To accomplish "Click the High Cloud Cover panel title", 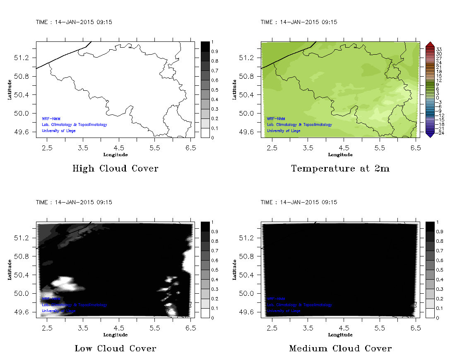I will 115,169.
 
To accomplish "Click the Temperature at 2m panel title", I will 340,169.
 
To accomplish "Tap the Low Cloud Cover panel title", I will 115,348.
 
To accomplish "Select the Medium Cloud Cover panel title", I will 340,348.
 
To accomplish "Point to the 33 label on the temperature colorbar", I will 439,49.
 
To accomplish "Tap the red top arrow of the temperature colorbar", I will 430,44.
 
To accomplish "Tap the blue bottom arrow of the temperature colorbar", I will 430,135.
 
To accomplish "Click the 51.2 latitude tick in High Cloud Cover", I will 21,58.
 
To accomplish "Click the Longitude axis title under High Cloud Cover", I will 115,155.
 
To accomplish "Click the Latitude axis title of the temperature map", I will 234,89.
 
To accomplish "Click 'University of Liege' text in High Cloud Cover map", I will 58,131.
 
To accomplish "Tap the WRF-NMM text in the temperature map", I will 276,119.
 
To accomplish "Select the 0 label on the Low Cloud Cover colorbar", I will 212,318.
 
